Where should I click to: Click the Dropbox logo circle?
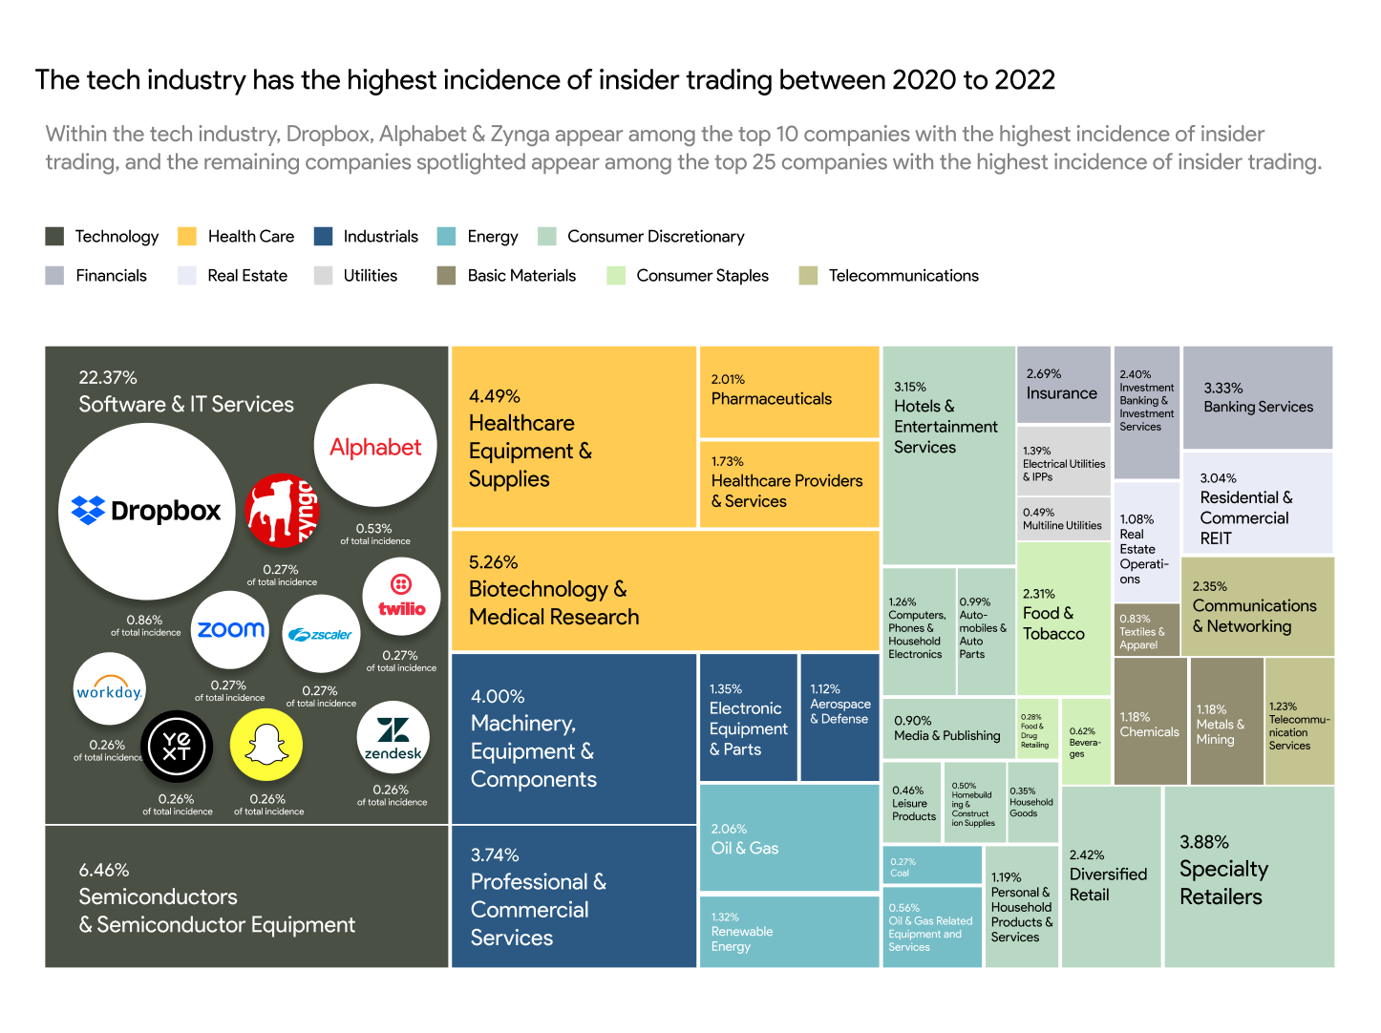click(x=147, y=511)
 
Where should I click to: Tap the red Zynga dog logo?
click(x=281, y=510)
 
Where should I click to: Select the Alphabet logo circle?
click(x=375, y=446)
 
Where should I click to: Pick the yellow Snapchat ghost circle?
click(x=266, y=745)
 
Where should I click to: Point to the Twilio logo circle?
click(x=401, y=597)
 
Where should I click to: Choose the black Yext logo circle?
click(x=177, y=746)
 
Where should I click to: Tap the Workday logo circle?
click(x=109, y=690)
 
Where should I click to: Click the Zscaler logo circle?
click(x=320, y=633)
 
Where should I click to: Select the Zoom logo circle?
click(x=230, y=630)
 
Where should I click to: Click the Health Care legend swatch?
click(x=187, y=237)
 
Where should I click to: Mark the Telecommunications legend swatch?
click(x=808, y=276)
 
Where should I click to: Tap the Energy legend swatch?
click(x=446, y=237)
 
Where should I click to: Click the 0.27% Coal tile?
click(x=931, y=866)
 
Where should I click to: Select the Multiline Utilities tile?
click(x=1063, y=518)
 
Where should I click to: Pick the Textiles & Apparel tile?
click(x=1146, y=630)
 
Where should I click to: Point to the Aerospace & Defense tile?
click(x=839, y=716)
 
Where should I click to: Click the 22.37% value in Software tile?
click(x=108, y=378)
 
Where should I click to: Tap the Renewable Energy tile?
click(x=789, y=931)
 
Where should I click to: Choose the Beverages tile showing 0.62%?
click(x=1085, y=743)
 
